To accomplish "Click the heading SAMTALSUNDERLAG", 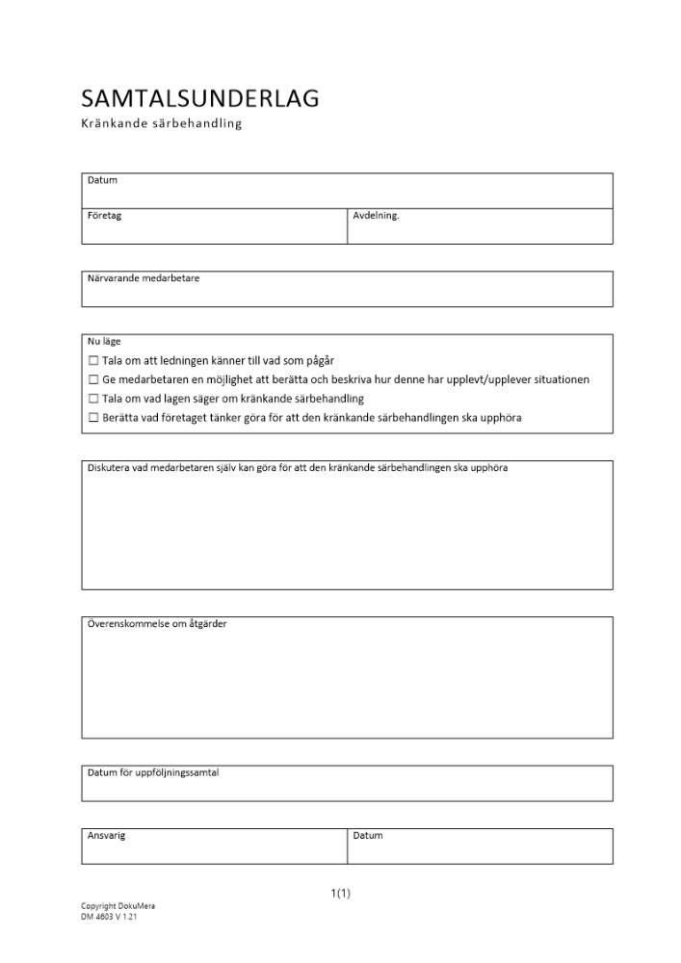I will (200, 98).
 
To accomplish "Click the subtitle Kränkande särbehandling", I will (161, 125).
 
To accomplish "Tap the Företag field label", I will (105, 216).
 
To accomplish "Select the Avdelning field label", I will (376, 216).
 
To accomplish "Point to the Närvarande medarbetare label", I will (144, 278).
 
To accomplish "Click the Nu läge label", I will (104, 341).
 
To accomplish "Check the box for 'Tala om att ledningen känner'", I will (93, 360).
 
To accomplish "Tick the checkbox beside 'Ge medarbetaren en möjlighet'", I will (93, 379).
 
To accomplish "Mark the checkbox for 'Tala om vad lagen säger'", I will (93, 398).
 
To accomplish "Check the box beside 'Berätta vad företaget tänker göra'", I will (93, 417).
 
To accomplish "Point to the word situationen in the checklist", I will (556, 379).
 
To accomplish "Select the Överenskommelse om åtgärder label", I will (157, 624).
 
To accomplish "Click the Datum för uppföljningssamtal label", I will (153, 772).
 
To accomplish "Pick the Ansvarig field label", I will (107, 835).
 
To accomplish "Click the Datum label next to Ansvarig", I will (368, 835).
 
